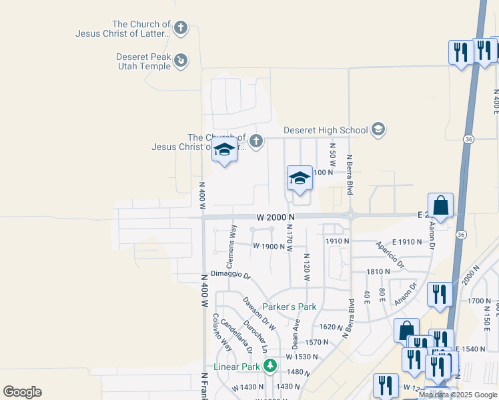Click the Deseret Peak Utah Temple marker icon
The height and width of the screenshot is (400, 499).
180,61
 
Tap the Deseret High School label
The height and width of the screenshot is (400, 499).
326,130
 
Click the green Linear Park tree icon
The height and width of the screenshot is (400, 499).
270,366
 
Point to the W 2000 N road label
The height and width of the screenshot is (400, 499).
275,217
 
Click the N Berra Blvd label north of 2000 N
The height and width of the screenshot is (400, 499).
349,175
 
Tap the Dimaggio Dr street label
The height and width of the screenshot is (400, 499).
230,275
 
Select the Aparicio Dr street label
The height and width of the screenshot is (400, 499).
390,254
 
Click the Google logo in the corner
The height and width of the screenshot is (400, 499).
22,392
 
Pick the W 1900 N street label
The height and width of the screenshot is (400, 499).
269,246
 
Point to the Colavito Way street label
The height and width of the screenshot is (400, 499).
222,332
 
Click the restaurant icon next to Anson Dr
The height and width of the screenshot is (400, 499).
440,294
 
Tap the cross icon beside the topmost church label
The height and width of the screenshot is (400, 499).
180,29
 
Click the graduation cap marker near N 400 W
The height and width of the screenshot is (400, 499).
225,152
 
